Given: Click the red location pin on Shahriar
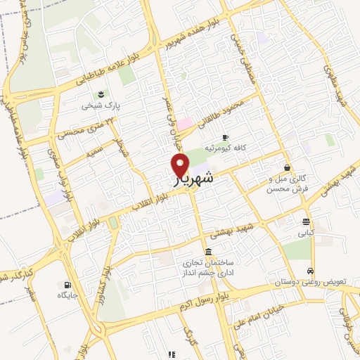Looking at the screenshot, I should point(181,165).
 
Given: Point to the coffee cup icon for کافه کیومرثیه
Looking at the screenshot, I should point(225,137).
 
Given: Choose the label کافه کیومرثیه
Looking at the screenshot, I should point(224,148).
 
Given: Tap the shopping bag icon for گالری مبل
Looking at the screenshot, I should point(287,167).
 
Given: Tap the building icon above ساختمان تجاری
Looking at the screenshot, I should point(208,252).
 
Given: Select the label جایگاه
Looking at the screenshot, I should point(69,297).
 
